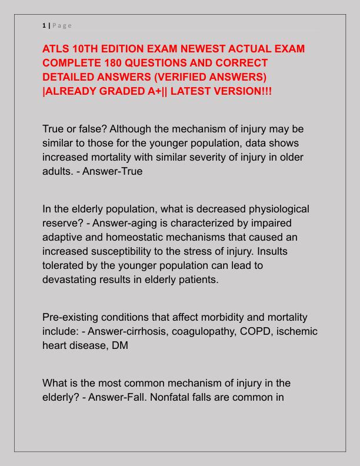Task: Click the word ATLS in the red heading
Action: [x=58, y=49]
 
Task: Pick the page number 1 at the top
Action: [x=44, y=25]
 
